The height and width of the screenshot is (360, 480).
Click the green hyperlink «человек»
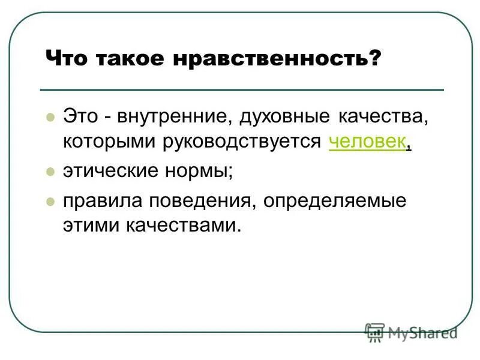[x=367, y=142]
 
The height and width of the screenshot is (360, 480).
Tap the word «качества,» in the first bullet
[x=381, y=116]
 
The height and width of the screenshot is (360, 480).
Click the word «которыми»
[x=109, y=142]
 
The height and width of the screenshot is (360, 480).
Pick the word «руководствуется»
[x=242, y=142]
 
